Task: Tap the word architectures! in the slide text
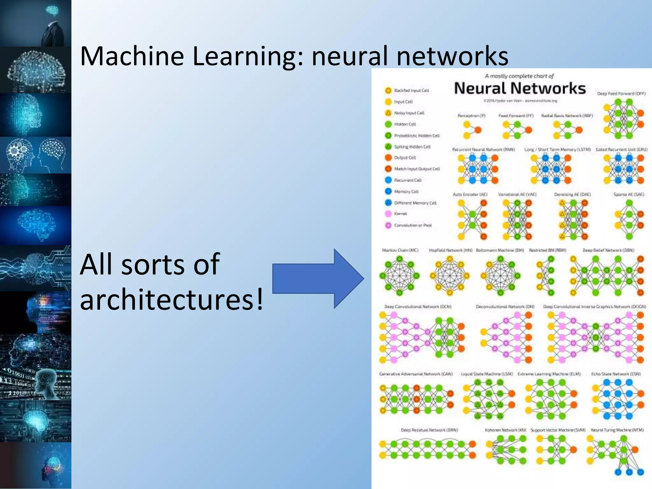pos(172,299)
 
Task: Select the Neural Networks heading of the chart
pos(520,89)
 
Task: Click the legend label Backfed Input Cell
pos(411,90)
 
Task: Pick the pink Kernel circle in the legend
pos(388,214)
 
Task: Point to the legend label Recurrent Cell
pos(407,180)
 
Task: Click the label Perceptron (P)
pos(471,116)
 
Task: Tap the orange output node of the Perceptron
pos(478,130)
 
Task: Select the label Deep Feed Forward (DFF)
pos(621,94)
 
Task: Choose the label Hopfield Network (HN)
pos(450,250)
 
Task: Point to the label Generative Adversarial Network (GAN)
pos(416,374)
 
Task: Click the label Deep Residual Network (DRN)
pos(429,430)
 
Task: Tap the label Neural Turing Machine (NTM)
pos(617,430)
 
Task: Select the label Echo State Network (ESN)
pos(616,374)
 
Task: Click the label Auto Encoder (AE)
pos(470,194)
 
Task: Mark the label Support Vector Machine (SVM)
pos(558,430)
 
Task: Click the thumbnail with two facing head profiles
pos(36,155)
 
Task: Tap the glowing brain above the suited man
pos(52,10)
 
